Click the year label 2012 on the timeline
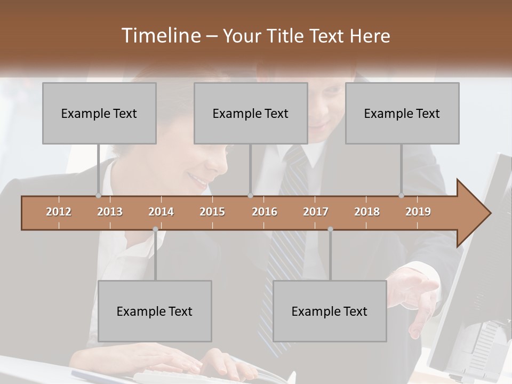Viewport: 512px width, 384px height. [59, 212]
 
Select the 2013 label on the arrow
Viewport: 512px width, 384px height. [110, 212]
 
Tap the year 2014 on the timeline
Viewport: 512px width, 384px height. [161, 212]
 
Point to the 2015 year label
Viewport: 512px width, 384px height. [212, 212]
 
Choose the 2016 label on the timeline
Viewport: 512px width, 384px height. [265, 212]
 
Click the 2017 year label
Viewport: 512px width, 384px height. [316, 212]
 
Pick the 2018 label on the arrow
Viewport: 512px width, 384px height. [367, 212]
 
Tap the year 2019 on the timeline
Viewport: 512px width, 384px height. [418, 212]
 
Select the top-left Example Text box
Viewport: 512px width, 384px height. [99, 114]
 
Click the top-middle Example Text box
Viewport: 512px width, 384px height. [251, 114]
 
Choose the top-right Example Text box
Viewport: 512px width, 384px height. [402, 114]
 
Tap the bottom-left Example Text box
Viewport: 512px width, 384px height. [155, 311]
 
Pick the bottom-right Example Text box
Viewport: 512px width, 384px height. [330, 311]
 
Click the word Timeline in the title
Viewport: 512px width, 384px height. [160, 36]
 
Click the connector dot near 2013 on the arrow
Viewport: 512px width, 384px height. [98, 196]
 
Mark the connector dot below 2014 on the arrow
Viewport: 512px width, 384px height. [155, 229]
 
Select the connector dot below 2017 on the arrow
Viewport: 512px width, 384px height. [330, 229]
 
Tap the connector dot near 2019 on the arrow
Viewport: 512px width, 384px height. [401, 196]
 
